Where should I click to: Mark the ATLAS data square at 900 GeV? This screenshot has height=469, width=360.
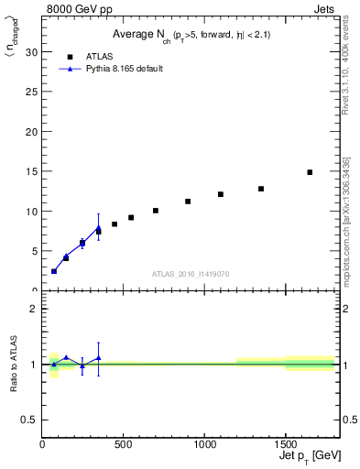point(188,202)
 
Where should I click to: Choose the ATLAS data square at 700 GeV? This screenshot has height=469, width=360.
point(156,211)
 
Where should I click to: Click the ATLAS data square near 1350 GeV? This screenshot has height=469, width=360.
point(261,189)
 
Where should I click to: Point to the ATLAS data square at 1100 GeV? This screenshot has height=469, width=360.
point(221,194)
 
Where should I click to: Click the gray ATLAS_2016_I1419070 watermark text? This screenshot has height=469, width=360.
point(190,274)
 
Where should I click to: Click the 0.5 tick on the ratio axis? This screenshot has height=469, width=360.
point(32,420)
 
